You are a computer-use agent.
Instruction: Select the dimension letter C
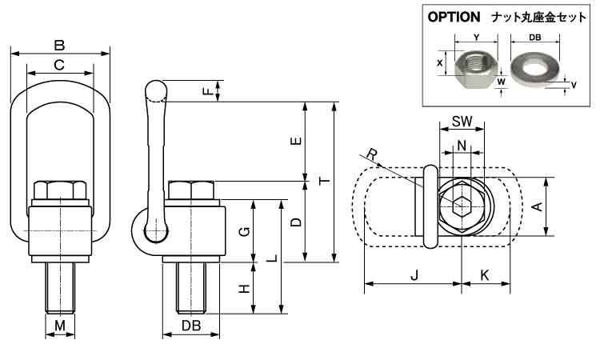58,65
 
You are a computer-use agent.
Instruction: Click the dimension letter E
297,142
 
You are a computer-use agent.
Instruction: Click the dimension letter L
272,258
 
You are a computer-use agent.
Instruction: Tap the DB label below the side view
190,326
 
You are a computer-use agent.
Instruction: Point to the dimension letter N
462,145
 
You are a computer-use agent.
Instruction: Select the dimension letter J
414,276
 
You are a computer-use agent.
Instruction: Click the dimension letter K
486,276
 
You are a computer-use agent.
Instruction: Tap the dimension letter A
538,207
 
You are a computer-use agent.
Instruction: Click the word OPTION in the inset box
454,16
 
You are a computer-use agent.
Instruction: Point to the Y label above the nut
476,36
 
